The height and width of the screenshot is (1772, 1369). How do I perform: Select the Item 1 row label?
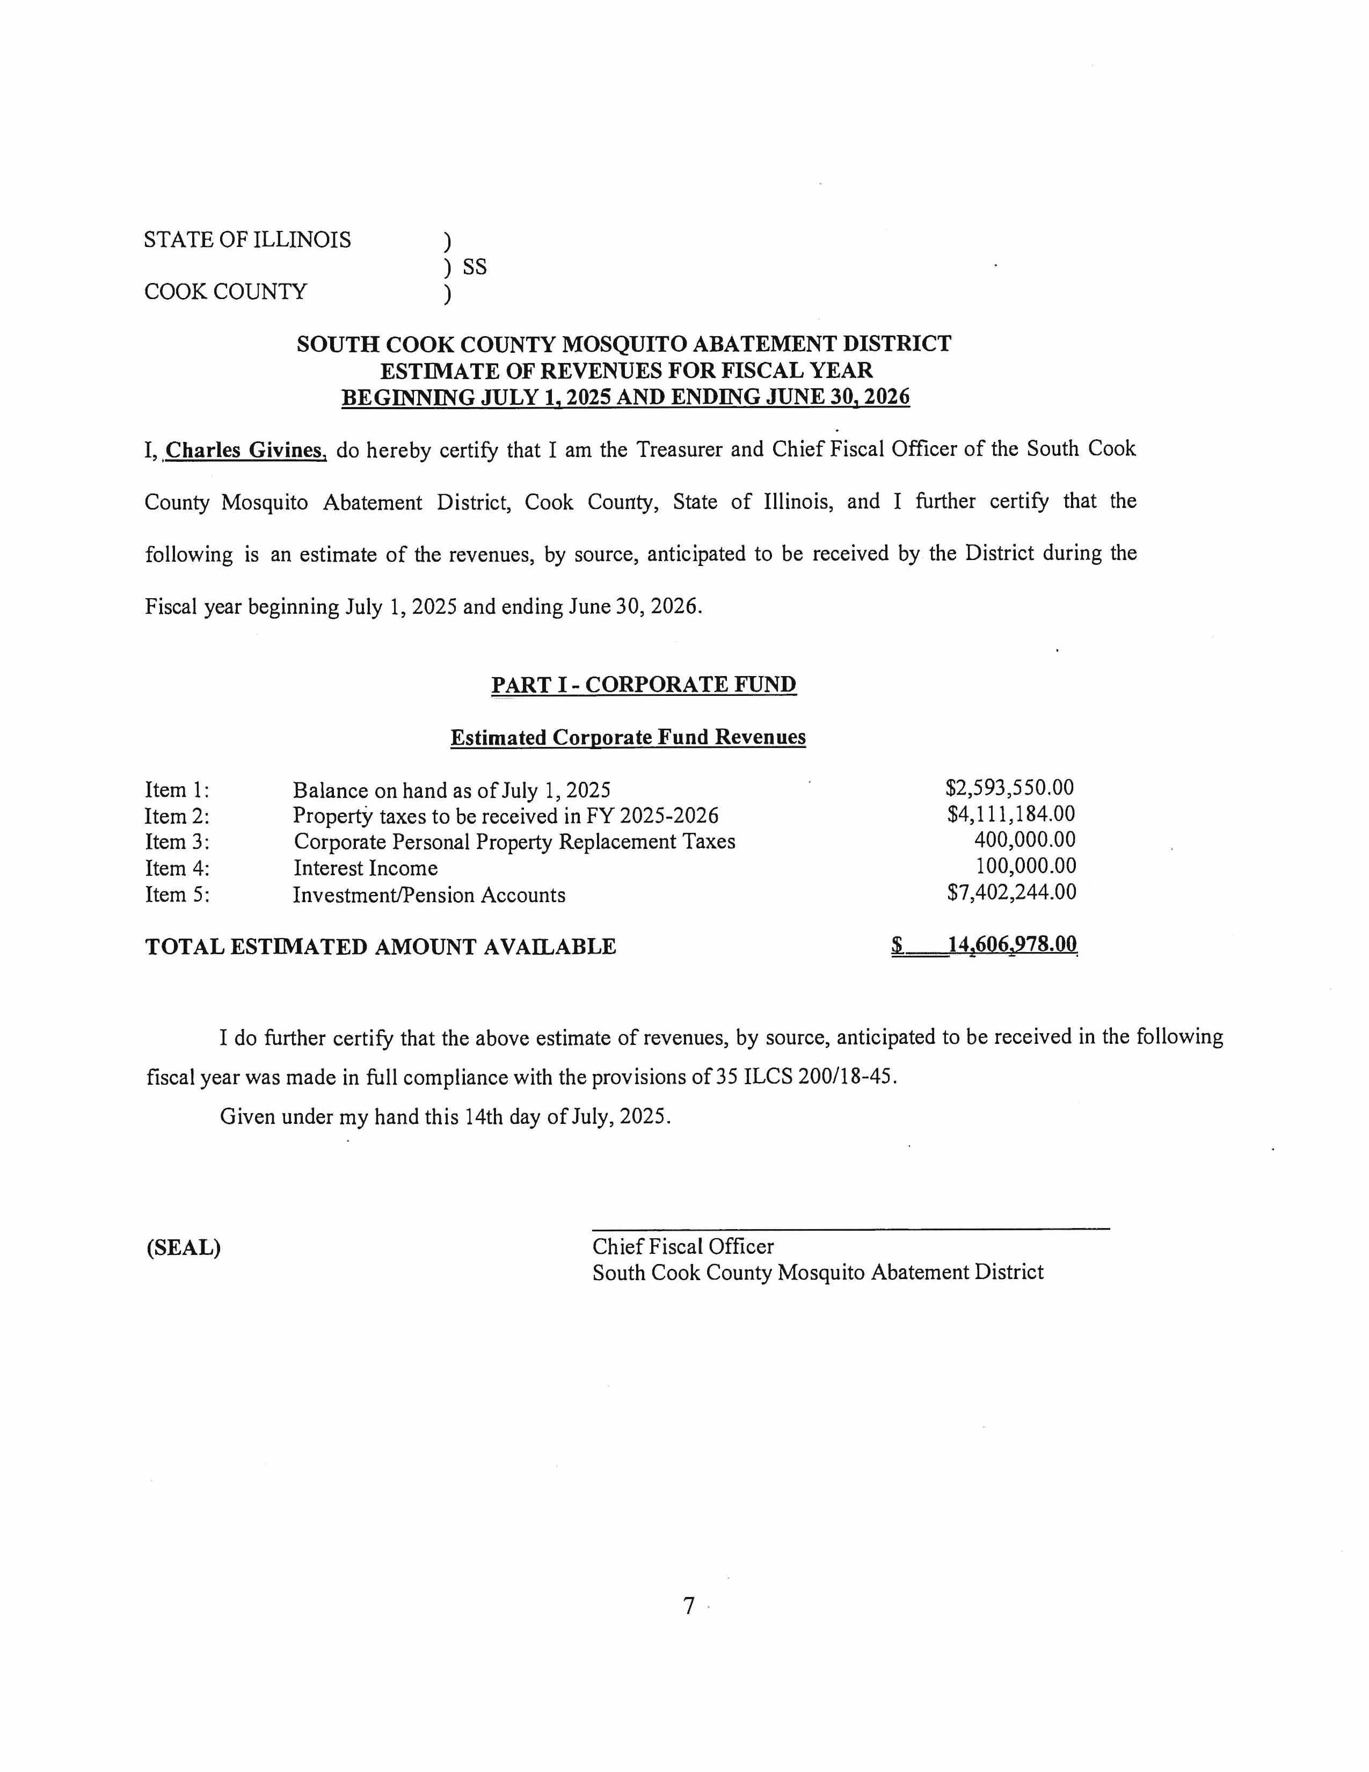coord(177,789)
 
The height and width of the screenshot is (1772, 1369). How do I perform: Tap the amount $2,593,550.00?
coord(1010,788)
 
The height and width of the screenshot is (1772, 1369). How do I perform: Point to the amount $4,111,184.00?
coord(1010,814)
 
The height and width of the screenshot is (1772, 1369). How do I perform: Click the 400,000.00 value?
coord(1024,840)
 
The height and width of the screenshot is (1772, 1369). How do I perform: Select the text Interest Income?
coord(365,868)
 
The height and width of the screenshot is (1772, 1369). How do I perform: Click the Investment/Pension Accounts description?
coord(429,895)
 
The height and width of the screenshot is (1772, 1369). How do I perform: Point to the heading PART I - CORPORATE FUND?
coord(643,685)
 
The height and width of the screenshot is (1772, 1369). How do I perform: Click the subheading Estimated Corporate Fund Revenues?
coord(628,737)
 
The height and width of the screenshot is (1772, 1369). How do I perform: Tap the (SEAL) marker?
coord(183,1247)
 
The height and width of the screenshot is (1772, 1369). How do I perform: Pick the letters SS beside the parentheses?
coord(475,267)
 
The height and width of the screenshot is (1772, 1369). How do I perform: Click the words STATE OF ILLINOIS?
coord(247,240)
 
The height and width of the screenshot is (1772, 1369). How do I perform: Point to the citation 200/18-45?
coord(854,1078)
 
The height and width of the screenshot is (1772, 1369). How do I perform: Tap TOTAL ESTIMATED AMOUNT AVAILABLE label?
coord(381,947)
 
